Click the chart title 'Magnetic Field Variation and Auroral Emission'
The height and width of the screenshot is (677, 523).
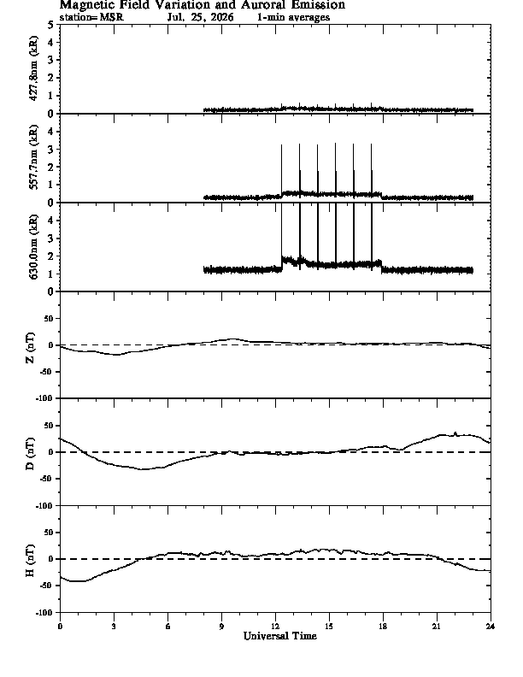203,5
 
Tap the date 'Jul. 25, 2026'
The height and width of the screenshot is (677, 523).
200,17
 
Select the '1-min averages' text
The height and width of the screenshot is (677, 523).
293,17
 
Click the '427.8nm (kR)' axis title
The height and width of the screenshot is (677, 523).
33,68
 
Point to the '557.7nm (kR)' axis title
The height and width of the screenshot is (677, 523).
33,157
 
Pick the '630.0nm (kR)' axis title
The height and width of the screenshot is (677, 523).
33,246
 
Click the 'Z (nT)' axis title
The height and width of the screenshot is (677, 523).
30,348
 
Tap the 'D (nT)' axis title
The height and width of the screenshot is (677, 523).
30,454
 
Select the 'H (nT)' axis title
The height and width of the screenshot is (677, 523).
30,561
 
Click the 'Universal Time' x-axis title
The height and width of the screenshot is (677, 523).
280,636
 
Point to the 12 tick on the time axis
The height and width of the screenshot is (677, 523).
275,626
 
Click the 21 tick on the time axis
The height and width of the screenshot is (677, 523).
437,626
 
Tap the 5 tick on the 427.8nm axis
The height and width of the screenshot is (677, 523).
51,25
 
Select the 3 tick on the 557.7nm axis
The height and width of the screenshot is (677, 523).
51,150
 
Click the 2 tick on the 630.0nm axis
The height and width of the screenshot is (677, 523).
51,256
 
